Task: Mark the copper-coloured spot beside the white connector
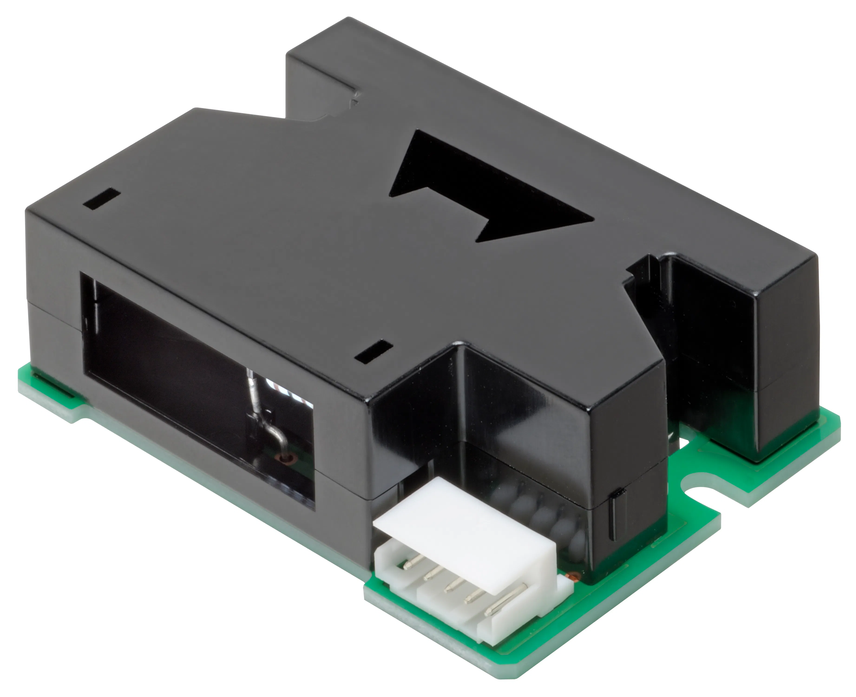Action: tap(575, 577)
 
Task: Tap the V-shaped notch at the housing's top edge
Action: tap(321, 112)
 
